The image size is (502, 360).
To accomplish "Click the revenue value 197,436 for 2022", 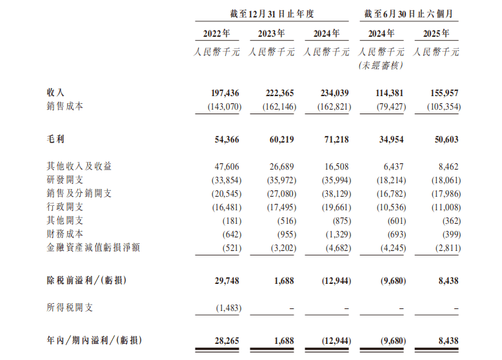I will [223, 93].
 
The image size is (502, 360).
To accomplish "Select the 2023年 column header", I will [272, 34].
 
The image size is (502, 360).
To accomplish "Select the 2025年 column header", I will [437, 34].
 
